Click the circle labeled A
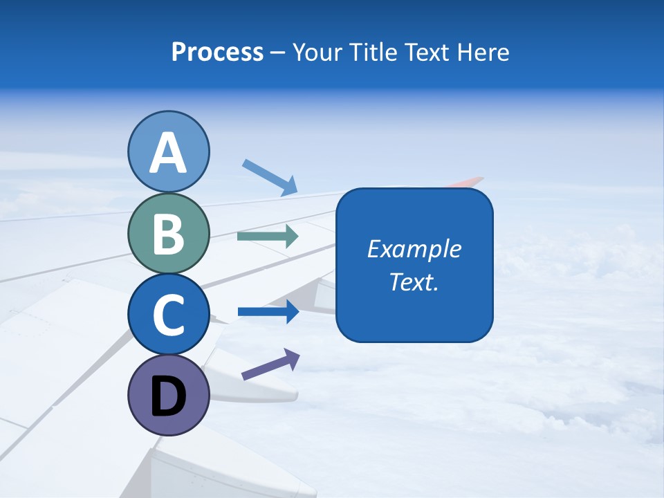pos(169,151)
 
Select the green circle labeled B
pos(169,233)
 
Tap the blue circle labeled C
pos(169,315)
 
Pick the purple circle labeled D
pos(169,396)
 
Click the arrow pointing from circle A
pos(270,177)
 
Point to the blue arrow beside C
pos(268,311)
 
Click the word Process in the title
pos(217,52)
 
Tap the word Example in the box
pos(414,249)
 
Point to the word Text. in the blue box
pos(414,282)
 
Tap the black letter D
pos(169,397)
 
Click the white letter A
pos(169,153)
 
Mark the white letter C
pos(169,315)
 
